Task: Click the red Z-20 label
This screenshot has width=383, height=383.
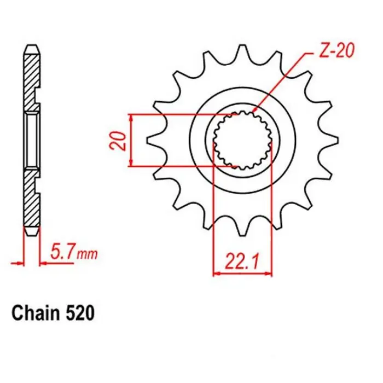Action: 335,53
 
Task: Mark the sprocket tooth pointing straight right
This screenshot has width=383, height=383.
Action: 330,141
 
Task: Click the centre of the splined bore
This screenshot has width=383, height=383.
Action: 242,140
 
